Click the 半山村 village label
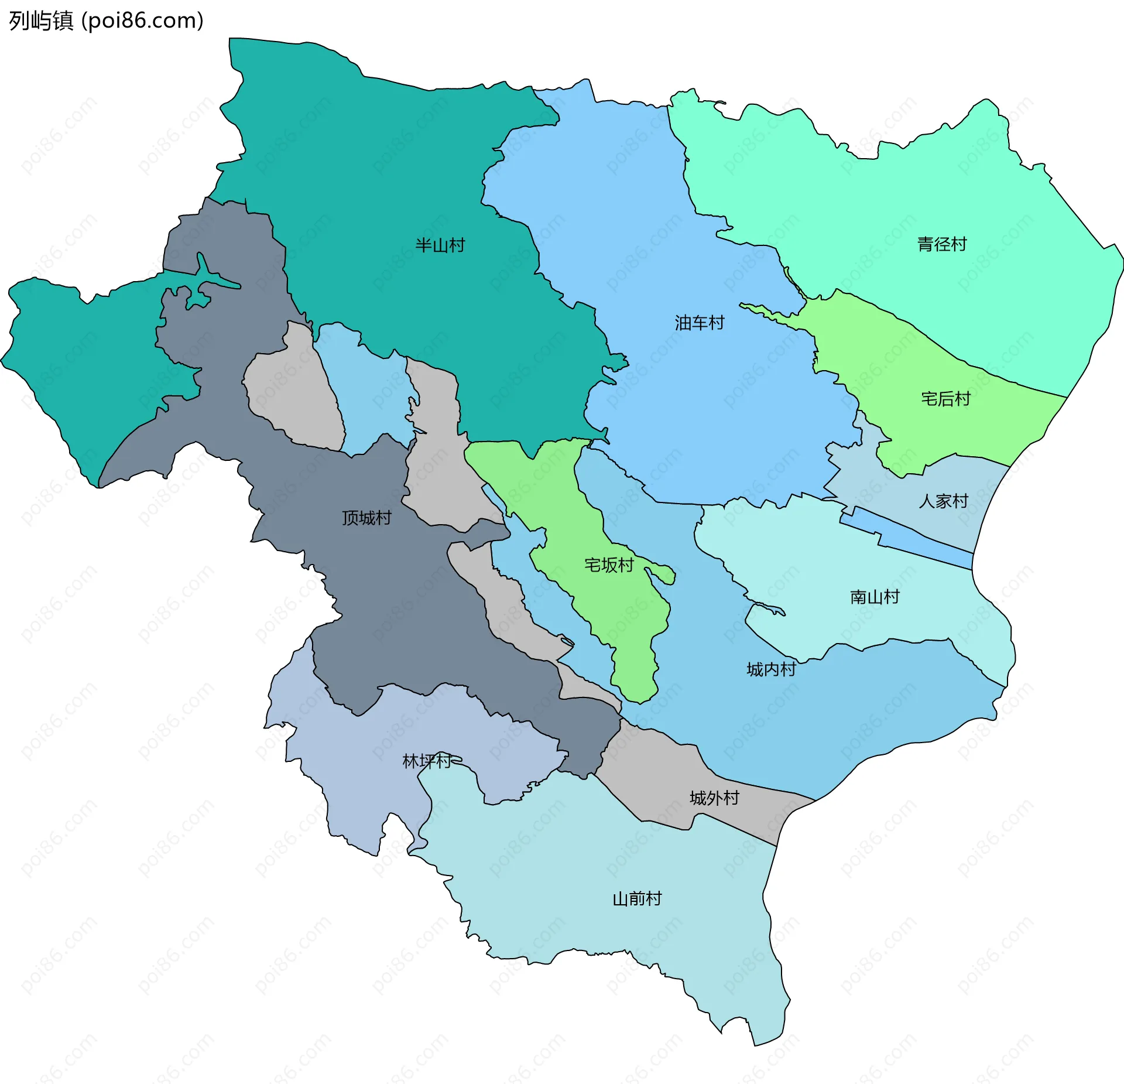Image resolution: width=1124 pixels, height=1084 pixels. pyautogui.click(x=440, y=245)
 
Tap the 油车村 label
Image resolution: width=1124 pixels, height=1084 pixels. pyautogui.click(x=699, y=323)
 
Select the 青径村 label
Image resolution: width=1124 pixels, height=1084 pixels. pyautogui.click(x=941, y=244)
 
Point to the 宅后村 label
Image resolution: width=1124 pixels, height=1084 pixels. pyautogui.click(x=945, y=399)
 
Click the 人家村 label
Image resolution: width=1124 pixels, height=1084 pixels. pyautogui.click(x=943, y=501)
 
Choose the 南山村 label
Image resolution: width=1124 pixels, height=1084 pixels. pyautogui.click(x=874, y=597)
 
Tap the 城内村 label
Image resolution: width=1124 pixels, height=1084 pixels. pyautogui.click(x=771, y=669)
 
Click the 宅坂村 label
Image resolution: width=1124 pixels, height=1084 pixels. pyautogui.click(x=609, y=565)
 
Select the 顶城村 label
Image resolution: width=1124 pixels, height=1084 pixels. pyautogui.click(x=366, y=518)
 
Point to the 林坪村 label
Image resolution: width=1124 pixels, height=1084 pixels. pyautogui.click(x=427, y=761)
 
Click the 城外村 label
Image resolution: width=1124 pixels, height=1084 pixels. pyautogui.click(x=714, y=798)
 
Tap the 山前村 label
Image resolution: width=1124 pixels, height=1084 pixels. pyautogui.click(x=637, y=899)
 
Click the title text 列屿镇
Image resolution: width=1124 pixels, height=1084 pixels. pyautogui.click(x=41, y=21)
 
